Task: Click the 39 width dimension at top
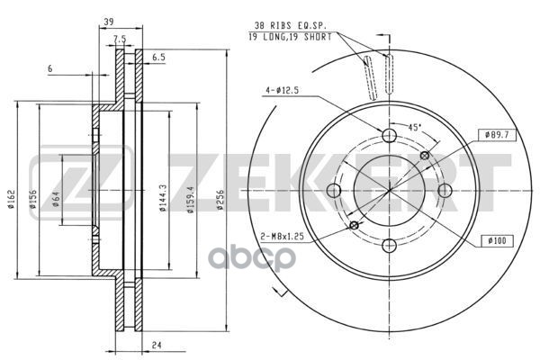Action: tap(108, 21)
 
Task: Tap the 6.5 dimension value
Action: tap(158, 57)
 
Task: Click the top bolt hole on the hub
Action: tap(390, 136)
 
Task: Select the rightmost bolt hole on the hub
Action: tap(445, 190)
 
